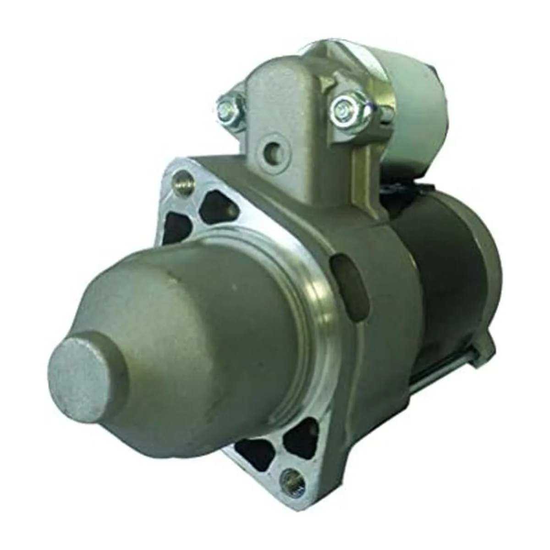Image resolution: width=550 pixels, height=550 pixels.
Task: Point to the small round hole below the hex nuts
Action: tap(274, 149)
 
